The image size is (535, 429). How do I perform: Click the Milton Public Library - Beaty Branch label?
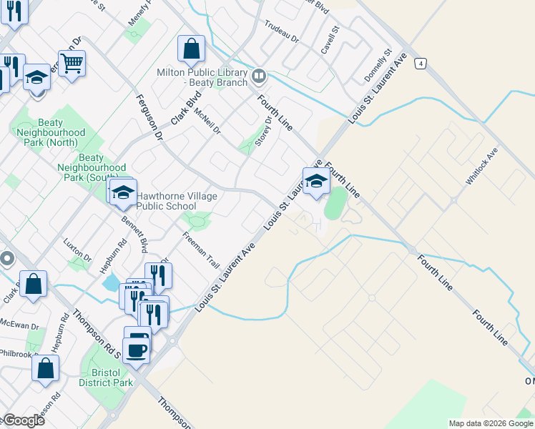202,78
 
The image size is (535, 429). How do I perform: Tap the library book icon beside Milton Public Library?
258,74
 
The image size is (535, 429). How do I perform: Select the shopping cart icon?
72,64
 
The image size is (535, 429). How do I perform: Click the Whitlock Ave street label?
481,167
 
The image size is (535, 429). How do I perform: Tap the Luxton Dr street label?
77,250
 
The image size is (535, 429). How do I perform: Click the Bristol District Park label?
107,378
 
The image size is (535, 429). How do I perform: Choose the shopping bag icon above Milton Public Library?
191,49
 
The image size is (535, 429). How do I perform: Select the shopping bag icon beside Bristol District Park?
46,368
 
